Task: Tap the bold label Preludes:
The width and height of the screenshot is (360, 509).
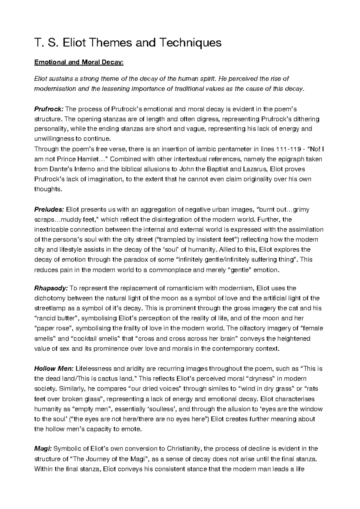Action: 49,209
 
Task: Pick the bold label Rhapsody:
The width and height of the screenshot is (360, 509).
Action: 51,288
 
